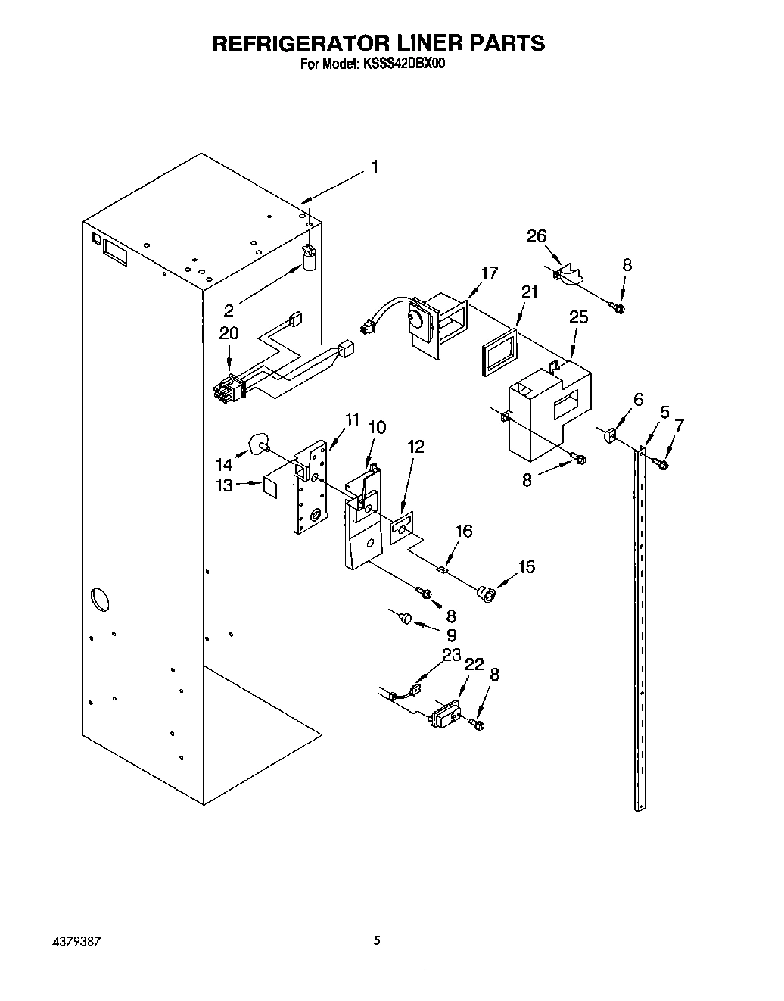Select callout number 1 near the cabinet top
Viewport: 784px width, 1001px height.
pyautogui.click(x=374, y=167)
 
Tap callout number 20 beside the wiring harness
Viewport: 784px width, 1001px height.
pyautogui.click(x=228, y=332)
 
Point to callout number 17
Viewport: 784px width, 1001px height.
pyautogui.click(x=490, y=273)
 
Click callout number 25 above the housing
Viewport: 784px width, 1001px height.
pyautogui.click(x=579, y=317)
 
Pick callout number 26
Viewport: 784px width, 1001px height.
pyautogui.click(x=537, y=237)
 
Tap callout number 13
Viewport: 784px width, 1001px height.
pyautogui.click(x=224, y=485)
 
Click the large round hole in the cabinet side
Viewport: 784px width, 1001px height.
pyautogui.click(x=98, y=599)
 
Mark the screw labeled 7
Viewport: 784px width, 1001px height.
pyautogui.click(x=663, y=463)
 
